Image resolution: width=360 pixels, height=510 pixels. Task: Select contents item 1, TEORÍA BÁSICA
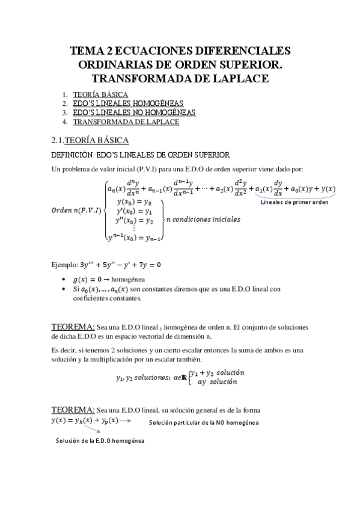100,95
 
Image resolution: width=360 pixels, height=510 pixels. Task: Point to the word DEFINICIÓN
73,155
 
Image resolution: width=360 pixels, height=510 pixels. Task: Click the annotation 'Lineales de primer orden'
294,202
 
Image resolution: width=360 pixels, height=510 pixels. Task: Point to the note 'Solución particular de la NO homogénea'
204,423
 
